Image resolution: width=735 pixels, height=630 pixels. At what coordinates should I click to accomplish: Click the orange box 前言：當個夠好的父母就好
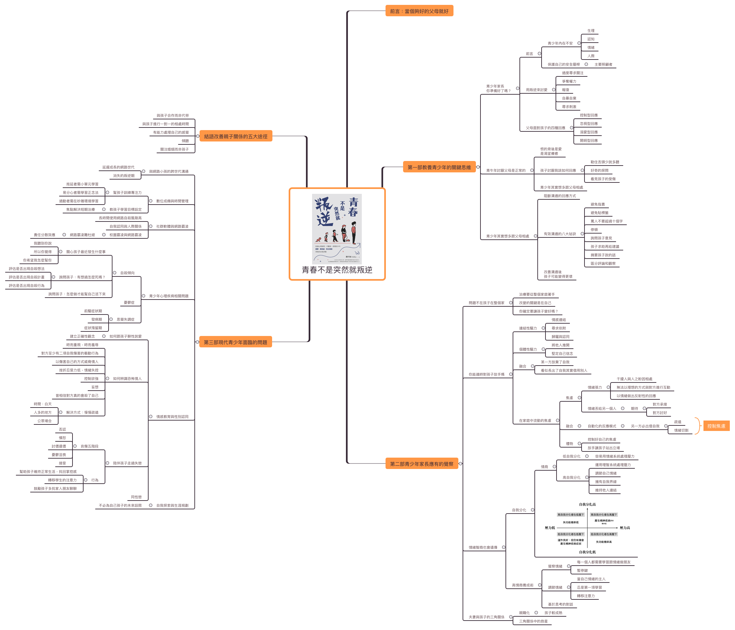point(419,11)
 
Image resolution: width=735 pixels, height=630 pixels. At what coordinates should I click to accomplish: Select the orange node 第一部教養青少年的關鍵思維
point(439,167)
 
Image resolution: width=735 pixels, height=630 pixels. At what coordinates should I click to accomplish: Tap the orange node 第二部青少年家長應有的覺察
point(421,463)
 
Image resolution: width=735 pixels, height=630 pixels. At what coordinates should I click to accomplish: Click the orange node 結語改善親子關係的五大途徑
point(236,136)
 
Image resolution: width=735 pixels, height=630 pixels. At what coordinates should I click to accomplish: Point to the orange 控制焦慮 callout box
point(716,426)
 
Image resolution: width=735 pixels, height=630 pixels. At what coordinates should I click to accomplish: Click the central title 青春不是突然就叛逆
point(337,270)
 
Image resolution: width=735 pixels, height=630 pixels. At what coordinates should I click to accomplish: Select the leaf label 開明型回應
point(588,141)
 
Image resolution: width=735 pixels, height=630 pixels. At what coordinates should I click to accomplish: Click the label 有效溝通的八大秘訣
point(560,234)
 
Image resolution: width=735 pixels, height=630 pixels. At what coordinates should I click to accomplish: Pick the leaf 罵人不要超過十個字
point(606,221)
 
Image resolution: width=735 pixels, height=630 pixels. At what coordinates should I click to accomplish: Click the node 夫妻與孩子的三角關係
point(486,617)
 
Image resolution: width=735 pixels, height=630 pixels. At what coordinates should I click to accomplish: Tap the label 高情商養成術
point(522,585)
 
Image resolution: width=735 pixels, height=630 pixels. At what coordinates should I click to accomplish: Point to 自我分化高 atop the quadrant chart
point(587,504)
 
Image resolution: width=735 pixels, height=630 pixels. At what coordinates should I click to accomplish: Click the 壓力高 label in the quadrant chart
point(625,528)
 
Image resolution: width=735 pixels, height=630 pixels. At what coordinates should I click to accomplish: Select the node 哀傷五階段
point(89,446)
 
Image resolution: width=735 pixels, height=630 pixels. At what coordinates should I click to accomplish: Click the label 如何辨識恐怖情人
point(127,379)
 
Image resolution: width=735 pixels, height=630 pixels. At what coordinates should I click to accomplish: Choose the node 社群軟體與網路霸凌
point(172,226)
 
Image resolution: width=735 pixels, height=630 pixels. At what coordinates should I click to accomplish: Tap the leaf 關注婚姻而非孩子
point(174,149)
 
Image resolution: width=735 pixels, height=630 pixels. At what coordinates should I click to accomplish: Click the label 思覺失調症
point(125,319)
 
